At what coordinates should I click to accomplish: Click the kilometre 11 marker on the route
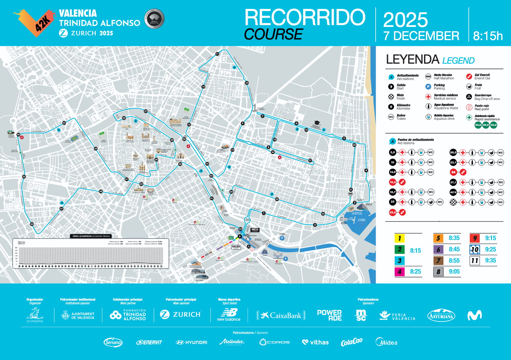pos(217,54)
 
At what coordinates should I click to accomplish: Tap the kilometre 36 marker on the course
pos(32,224)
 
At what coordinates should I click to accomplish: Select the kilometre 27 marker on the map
pos(146,111)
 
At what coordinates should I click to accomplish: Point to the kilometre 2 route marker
pos(315,225)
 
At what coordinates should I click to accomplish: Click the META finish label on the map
pos(255,230)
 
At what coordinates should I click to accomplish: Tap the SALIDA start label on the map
pos(236,247)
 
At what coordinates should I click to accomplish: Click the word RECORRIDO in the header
pos(305,17)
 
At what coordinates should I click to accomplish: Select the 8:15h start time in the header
pos(488,36)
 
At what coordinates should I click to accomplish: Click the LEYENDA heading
pos(412,59)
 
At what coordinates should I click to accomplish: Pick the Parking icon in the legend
pos(428,87)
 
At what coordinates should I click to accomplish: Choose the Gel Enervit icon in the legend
pos(469,77)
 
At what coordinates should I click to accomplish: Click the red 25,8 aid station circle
pos(393,212)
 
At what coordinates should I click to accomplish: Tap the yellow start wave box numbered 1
pos(399,238)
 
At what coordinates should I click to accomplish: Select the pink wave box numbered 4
pos(399,272)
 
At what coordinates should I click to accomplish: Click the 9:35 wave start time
pos(490,261)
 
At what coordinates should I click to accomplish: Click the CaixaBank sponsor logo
pos(281,315)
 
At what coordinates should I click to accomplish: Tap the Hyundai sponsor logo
pos(192,342)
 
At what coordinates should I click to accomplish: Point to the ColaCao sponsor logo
pos(352,342)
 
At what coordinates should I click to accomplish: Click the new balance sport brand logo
pos(229,315)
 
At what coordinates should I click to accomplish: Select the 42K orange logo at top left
pos(33,22)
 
